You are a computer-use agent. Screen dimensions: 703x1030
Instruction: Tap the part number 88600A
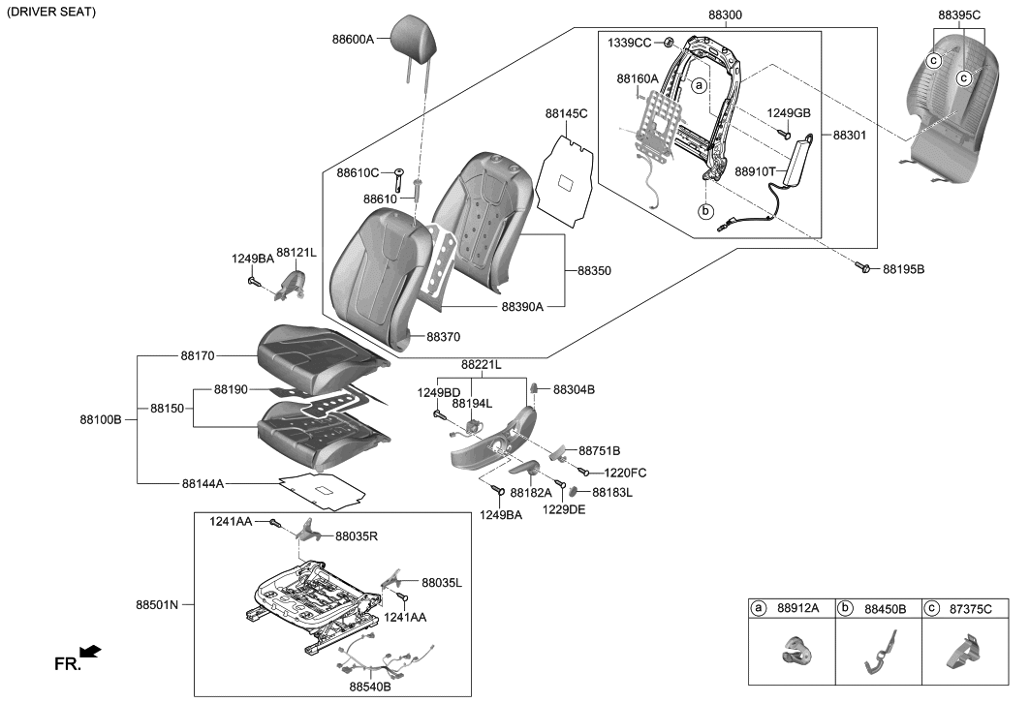[x=352, y=40]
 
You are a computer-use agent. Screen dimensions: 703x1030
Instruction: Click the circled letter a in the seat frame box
[x=697, y=86]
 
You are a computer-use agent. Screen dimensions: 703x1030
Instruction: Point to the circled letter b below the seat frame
[x=705, y=210]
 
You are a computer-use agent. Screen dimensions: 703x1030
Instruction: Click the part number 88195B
[x=903, y=269]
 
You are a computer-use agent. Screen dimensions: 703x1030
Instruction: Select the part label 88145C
[x=566, y=114]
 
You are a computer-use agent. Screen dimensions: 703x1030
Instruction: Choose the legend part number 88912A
[x=799, y=608]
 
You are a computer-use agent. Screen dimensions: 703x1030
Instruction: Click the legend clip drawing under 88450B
[x=877, y=654]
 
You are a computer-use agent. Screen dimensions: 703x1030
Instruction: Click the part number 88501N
[x=158, y=605]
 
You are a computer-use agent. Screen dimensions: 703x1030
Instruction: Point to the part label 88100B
[x=101, y=419]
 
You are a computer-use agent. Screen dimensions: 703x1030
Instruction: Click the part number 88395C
[x=959, y=15]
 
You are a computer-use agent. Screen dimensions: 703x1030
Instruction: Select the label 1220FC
[x=625, y=473]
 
